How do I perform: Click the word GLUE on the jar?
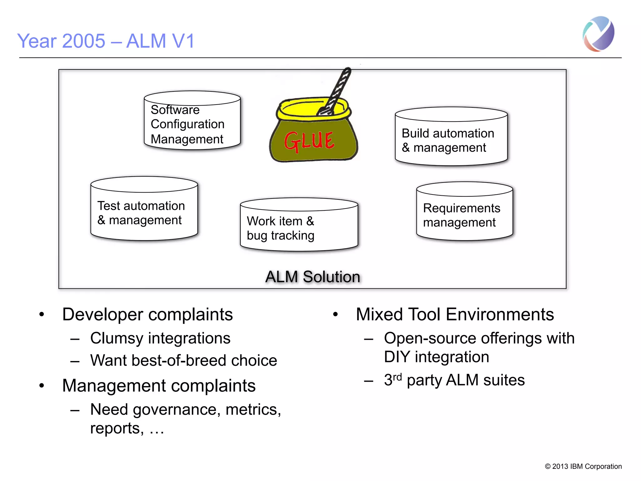[309, 142]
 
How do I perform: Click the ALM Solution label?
[312, 277]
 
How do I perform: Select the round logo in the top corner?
[598, 34]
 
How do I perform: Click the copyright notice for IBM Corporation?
[583, 466]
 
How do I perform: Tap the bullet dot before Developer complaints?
[41, 314]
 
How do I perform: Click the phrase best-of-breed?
[179, 360]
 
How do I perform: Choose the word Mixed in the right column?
[379, 314]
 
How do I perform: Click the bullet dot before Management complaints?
[41, 386]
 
